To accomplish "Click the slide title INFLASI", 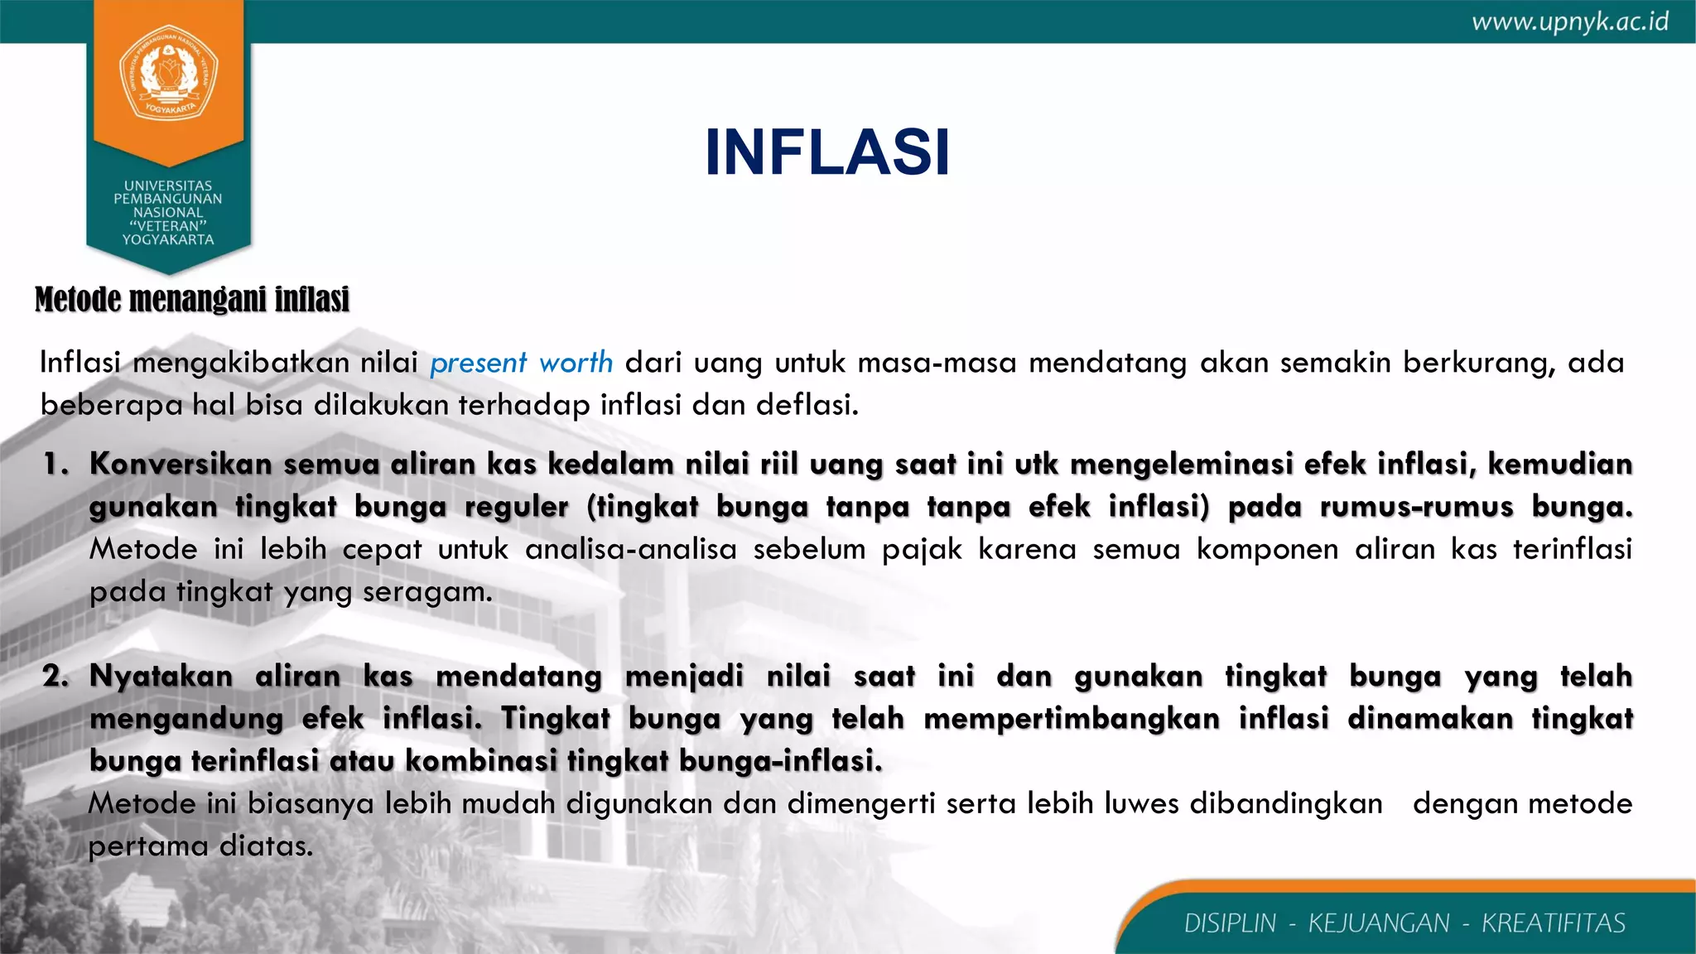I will (x=826, y=152).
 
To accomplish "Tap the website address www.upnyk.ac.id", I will (x=1570, y=22).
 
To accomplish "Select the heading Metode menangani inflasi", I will (x=192, y=299).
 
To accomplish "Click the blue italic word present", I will (x=478, y=364).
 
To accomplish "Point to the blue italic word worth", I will (x=576, y=363).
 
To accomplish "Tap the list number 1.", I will (x=55, y=465).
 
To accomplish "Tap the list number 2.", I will (x=55, y=677).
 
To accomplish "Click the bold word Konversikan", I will (x=181, y=465).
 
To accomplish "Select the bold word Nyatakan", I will (x=161, y=677).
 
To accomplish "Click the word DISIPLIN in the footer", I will (x=1230, y=923).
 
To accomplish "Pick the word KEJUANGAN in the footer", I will (x=1379, y=923).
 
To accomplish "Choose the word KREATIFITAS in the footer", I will (x=1554, y=923).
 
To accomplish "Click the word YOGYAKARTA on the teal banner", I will (x=168, y=240).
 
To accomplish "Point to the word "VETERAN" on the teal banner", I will (x=168, y=226).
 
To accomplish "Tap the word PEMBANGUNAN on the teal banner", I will (x=168, y=199).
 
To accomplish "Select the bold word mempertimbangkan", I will (x=1072, y=719).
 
